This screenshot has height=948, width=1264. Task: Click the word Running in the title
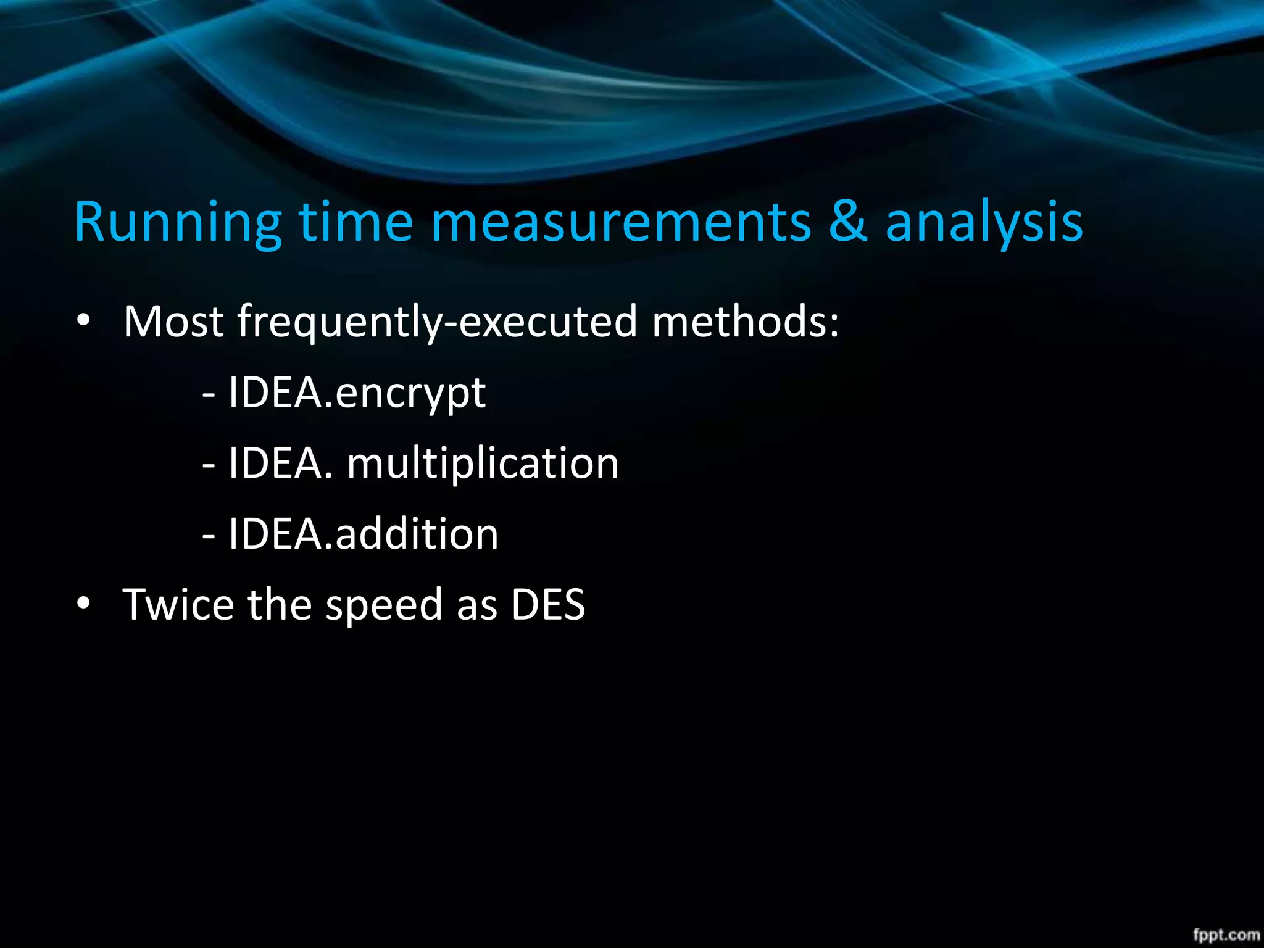(x=178, y=222)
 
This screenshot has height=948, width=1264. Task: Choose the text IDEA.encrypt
(x=357, y=393)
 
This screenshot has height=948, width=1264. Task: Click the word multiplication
(x=483, y=463)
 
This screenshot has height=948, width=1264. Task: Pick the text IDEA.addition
(x=363, y=533)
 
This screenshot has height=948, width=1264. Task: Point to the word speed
(x=384, y=605)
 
